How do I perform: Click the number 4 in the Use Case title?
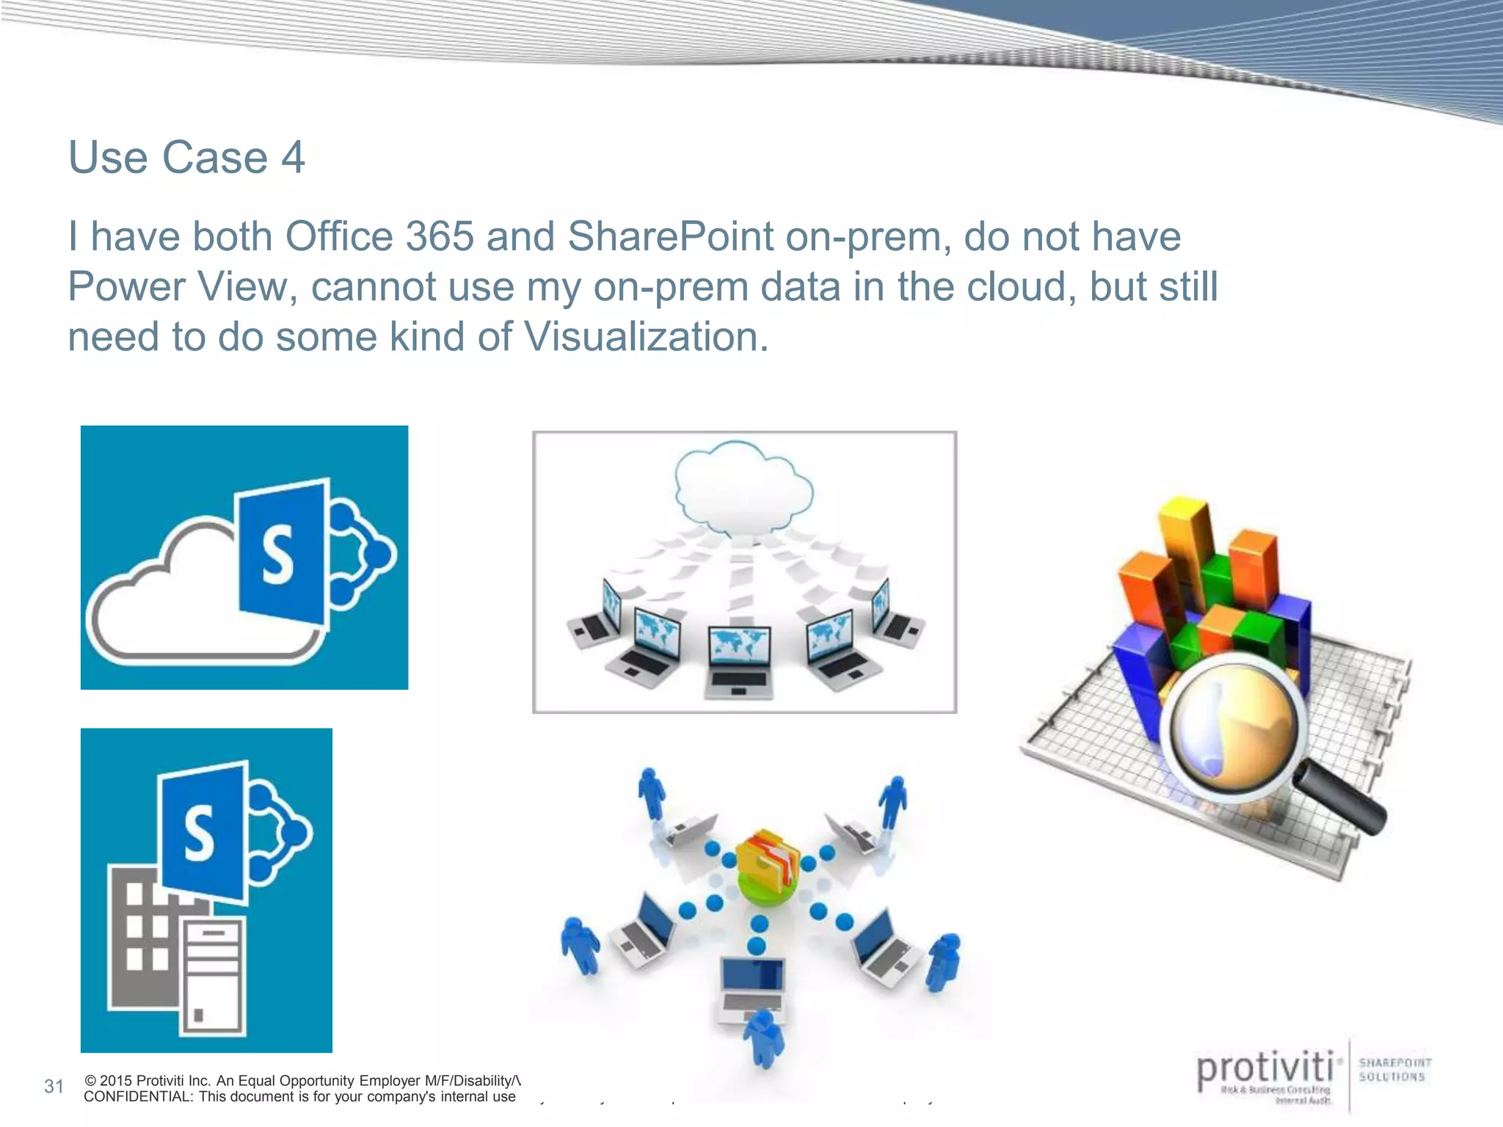click(x=293, y=158)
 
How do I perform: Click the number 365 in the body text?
click(x=440, y=237)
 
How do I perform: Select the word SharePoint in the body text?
click(x=670, y=237)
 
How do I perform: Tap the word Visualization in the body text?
click(x=646, y=338)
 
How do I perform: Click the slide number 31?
click(x=54, y=1087)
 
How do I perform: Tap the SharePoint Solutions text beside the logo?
click(x=1394, y=1070)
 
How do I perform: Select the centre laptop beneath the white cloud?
click(x=739, y=660)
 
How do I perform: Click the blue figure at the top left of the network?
click(x=651, y=792)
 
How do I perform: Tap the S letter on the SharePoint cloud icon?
click(x=278, y=556)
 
